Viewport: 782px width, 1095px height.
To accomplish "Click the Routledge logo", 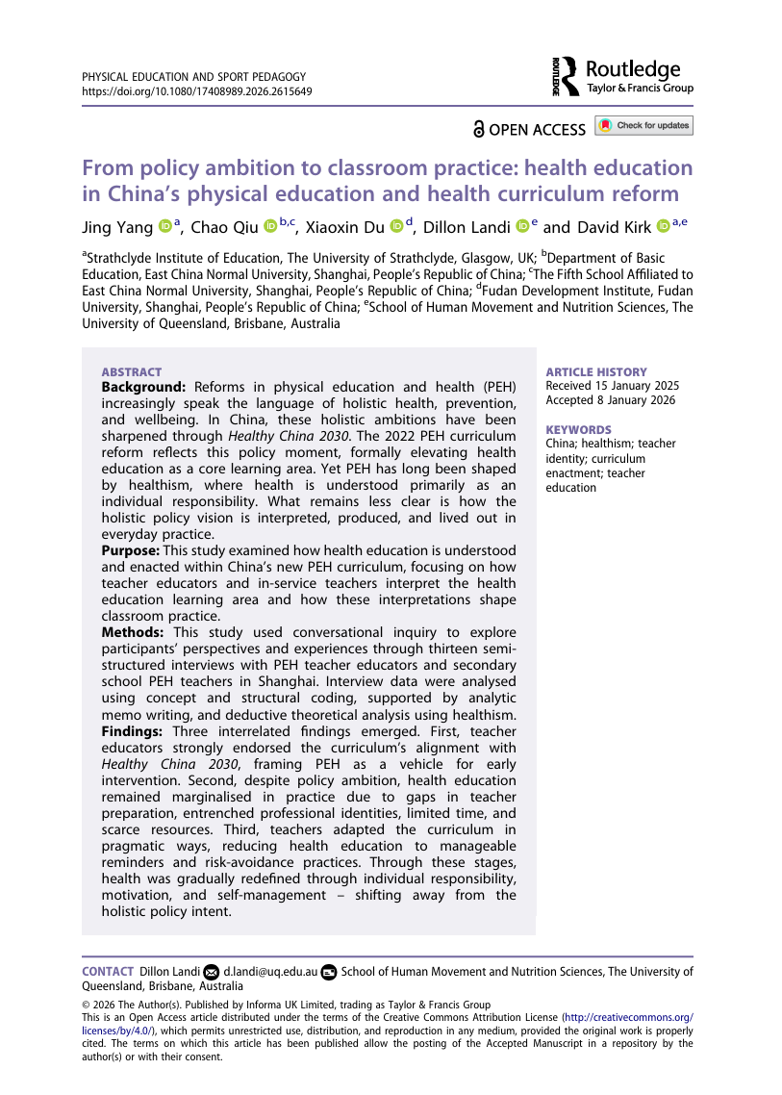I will tap(622, 76).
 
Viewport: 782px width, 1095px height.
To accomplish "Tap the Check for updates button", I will tap(643, 126).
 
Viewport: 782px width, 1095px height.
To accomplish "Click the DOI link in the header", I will tap(196, 91).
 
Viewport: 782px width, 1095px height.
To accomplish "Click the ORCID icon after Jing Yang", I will tap(164, 227).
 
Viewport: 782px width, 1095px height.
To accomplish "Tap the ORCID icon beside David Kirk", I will tap(664, 227).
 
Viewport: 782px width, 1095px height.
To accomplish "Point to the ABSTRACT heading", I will tap(132, 372).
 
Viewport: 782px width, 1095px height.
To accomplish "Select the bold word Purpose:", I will tap(131, 550).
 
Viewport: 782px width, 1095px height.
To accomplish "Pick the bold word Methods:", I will tap(134, 632).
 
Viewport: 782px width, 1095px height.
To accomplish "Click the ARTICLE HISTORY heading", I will tap(596, 372).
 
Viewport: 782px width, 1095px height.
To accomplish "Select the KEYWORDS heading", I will tap(578, 430).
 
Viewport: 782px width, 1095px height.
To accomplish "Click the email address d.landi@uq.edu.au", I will tap(270, 972).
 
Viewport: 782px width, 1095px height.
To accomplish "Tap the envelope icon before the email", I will tap(213, 973).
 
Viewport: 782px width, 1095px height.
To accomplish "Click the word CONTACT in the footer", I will tap(108, 972).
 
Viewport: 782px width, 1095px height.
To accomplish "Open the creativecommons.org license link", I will tap(628, 1016).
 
